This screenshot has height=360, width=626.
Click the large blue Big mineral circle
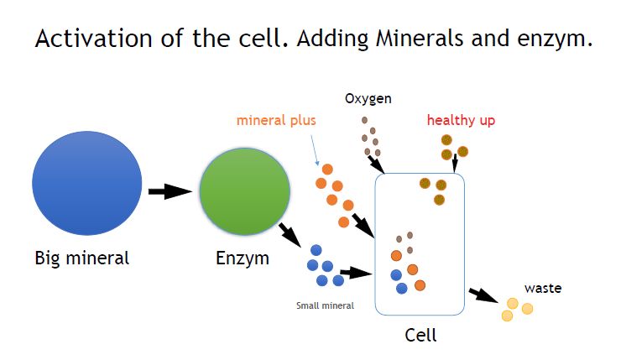pyautogui.click(x=87, y=183)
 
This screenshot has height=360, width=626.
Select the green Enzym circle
pyautogui.click(x=245, y=191)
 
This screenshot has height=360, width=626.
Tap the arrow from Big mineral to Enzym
pyautogui.click(x=170, y=191)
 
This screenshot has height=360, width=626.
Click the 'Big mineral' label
pyautogui.click(x=82, y=258)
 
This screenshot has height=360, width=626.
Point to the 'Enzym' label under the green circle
pyautogui.click(x=243, y=258)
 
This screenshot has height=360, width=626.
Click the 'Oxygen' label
pyautogui.click(x=368, y=98)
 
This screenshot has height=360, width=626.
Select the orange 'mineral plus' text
pyautogui.click(x=276, y=121)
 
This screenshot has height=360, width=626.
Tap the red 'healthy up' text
pyautogui.click(x=462, y=120)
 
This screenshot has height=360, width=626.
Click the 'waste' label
pyautogui.click(x=543, y=288)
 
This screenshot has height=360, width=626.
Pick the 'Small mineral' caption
pyautogui.click(x=325, y=305)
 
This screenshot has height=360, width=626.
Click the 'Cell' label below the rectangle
pyautogui.click(x=420, y=335)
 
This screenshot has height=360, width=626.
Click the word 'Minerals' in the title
pyautogui.click(x=420, y=39)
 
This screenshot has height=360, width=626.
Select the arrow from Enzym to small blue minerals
pyautogui.click(x=290, y=235)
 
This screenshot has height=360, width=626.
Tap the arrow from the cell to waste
pyautogui.click(x=483, y=295)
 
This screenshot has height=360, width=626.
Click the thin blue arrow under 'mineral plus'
pyautogui.click(x=315, y=150)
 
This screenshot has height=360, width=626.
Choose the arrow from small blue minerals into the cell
pyautogui.click(x=356, y=273)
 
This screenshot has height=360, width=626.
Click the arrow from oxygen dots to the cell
pyautogui.click(x=376, y=164)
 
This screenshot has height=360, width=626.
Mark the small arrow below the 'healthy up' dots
pyautogui.click(x=454, y=163)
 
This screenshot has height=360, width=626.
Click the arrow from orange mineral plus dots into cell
pyautogui.click(x=363, y=226)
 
